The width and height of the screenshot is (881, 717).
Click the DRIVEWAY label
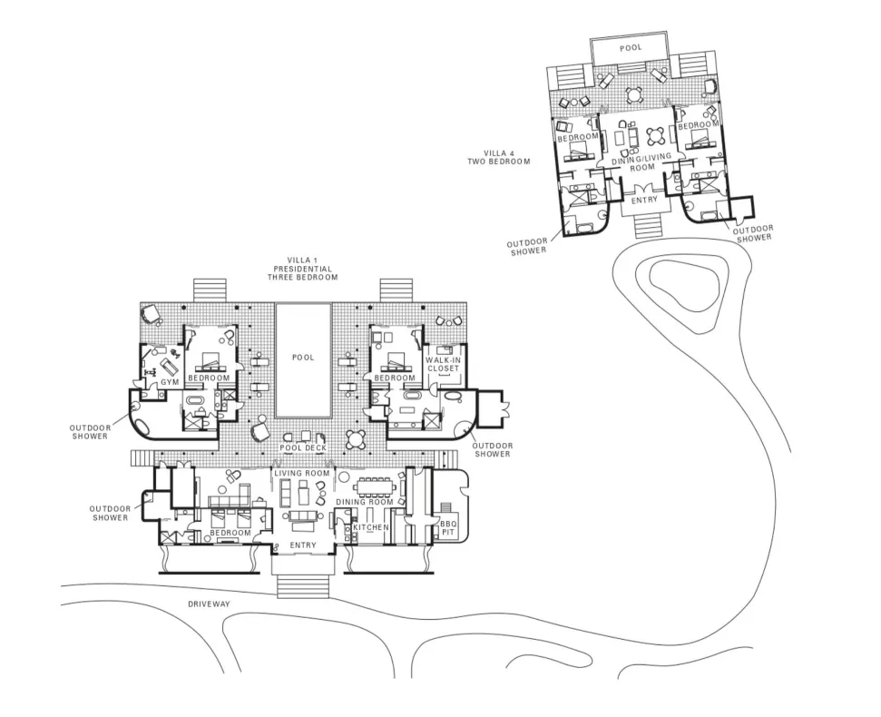[x=209, y=604]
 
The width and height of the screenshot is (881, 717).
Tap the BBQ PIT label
[x=448, y=527]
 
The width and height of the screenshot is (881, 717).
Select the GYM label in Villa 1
[x=170, y=382]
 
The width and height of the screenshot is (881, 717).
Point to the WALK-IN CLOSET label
[x=444, y=364]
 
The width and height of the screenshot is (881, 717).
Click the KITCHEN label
[x=371, y=527]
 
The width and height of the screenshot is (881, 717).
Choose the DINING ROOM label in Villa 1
[x=365, y=502]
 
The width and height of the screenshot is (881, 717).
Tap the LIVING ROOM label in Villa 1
[x=302, y=473]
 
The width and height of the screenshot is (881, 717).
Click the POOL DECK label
[x=303, y=447]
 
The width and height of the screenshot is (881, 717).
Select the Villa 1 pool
[x=303, y=360]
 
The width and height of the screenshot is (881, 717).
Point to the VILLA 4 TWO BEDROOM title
[x=499, y=157]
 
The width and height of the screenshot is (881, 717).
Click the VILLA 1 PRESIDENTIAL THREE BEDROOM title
[x=302, y=269]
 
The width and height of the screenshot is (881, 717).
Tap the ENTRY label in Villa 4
[x=644, y=200]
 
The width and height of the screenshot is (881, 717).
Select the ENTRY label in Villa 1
[x=303, y=545]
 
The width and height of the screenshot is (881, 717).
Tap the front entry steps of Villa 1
[x=303, y=586]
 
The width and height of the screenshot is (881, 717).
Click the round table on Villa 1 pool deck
[x=357, y=438]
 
